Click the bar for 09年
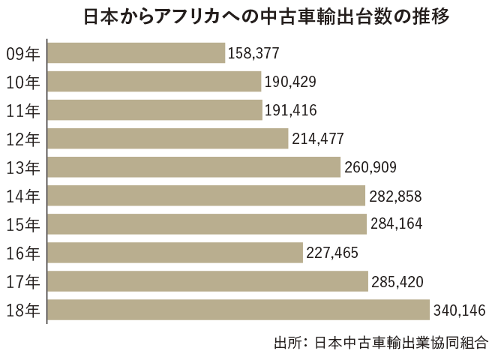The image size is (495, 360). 136,52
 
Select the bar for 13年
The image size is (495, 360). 194,166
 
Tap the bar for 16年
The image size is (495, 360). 175,252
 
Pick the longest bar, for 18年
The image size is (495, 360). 238,309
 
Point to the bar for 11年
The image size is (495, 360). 154,109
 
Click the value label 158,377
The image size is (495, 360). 253,53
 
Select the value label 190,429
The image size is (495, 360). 290,82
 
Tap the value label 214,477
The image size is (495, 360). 318,139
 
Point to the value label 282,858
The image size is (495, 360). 395,196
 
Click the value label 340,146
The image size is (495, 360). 459,310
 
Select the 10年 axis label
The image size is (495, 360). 22,82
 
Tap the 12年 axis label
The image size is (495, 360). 22,139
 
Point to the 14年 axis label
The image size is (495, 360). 22,196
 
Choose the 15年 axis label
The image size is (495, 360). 22,224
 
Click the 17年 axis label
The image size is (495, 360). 22,281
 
